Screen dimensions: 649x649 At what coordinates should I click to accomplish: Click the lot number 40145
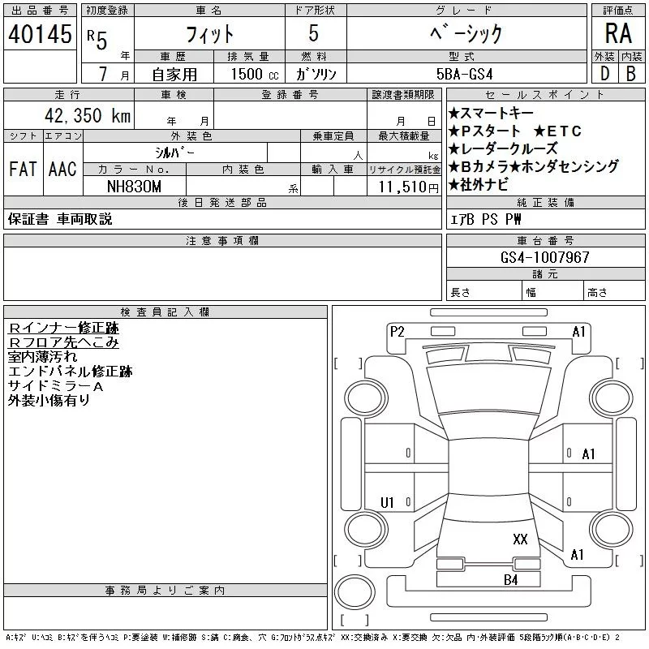(40, 34)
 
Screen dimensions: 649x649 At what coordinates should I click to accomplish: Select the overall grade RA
(618, 33)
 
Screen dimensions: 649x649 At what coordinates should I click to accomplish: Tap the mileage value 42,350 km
(88, 115)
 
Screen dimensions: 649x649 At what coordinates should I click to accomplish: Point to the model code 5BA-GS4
(464, 74)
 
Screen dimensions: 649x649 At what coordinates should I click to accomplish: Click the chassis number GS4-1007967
(544, 257)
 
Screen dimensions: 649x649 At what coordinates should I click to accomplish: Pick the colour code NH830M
(134, 187)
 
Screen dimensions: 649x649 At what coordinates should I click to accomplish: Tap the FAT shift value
(23, 169)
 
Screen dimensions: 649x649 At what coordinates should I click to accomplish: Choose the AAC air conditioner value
(62, 169)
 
